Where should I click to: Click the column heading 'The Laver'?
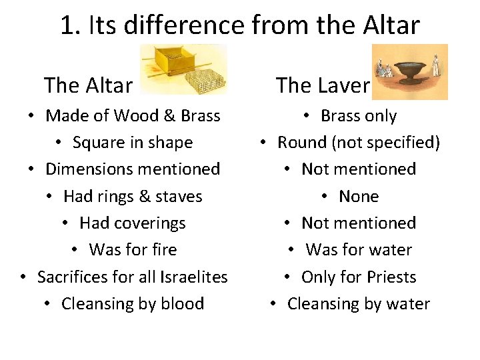[x=323, y=85]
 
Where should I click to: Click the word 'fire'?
[x=163, y=250]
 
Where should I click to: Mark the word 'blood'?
[x=182, y=304]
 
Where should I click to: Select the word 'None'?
[x=359, y=197]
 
